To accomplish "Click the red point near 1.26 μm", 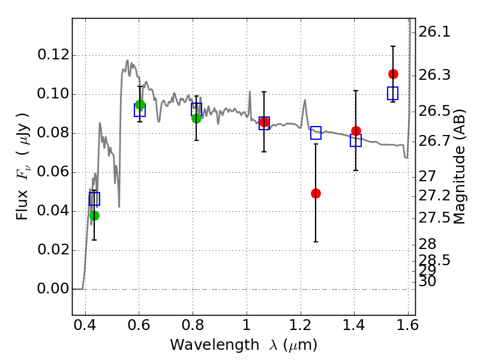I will tap(316, 193).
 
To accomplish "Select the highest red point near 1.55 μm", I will tap(393, 74).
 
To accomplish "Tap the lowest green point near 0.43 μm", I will tap(94, 215).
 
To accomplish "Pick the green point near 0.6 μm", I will tap(140, 105).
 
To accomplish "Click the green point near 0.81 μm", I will tap(196, 118).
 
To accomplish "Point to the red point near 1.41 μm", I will tap(356, 131).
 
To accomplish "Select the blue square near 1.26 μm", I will tap(316, 133).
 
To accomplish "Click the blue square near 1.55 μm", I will tap(393, 93).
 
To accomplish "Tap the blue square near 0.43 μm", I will tap(94, 199).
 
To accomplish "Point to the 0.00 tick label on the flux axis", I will tap(53, 289).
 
